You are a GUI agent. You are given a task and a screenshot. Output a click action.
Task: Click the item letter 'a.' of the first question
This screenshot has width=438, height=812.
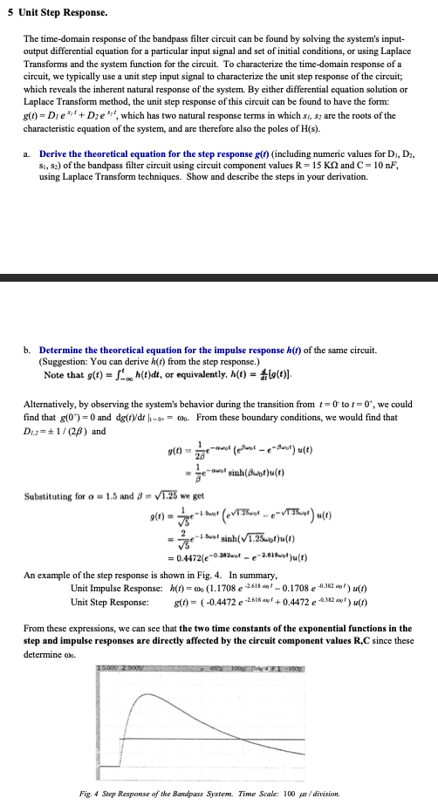[28, 154]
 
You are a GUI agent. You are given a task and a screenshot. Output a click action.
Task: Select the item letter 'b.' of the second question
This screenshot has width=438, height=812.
[28, 350]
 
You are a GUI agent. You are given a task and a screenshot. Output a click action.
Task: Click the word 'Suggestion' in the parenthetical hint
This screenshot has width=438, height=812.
[69, 360]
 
